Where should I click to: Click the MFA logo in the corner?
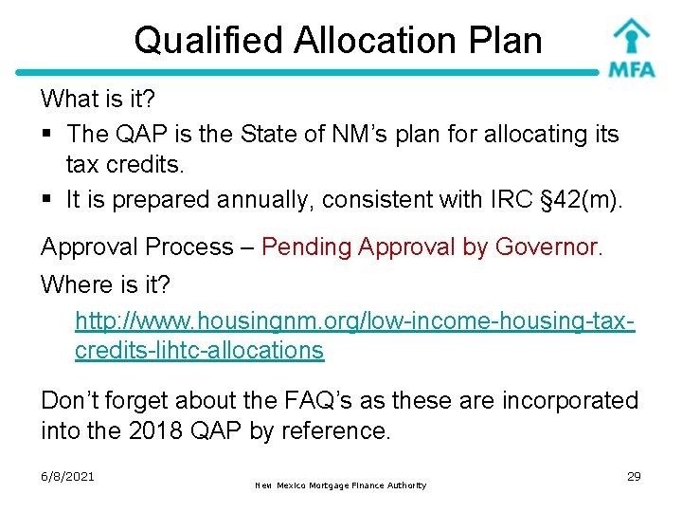pos(633,47)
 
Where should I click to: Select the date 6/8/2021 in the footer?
pos(67,476)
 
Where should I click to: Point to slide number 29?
pos(634,476)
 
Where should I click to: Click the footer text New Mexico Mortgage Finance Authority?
pos(341,485)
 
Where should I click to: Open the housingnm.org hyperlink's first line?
pos(354,320)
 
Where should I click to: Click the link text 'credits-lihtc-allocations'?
pos(199,350)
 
